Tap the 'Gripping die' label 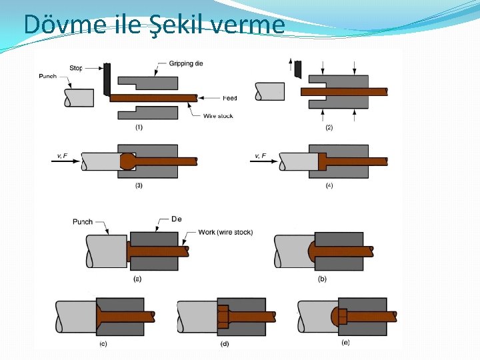click(x=186, y=63)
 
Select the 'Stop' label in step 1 click(x=75, y=68)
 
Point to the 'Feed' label click(x=229, y=98)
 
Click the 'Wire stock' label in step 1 click(x=218, y=116)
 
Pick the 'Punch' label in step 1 click(x=47, y=76)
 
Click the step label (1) click(x=139, y=127)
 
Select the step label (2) click(x=329, y=127)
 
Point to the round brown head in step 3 click(x=127, y=161)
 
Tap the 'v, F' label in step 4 click(x=261, y=156)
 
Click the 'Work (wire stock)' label click(x=225, y=233)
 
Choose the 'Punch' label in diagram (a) click(x=83, y=221)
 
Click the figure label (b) click(x=322, y=279)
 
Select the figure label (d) click(x=225, y=344)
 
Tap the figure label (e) click(x=345, y=342)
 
